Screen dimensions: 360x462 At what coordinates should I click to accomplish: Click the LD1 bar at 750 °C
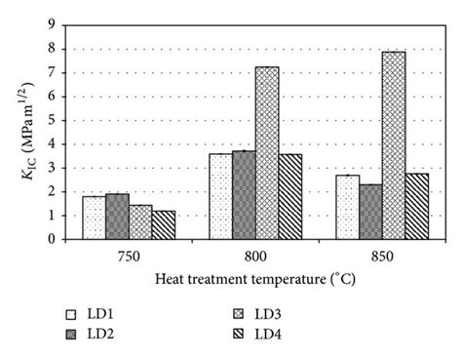(94, 218)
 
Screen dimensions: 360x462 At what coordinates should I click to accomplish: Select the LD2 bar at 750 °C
(117, 217)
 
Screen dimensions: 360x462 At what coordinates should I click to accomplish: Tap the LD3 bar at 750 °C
(140, 222)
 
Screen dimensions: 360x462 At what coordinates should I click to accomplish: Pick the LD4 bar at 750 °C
(164, 225)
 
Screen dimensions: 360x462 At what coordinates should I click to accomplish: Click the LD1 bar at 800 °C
(220, 196)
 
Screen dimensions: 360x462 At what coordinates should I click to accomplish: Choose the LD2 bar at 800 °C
(244, 195)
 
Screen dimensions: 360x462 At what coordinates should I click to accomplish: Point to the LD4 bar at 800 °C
(290, 196)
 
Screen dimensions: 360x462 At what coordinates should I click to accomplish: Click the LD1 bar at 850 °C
(347, 207)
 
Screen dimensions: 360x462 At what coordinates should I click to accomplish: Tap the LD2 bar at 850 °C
(370, 212)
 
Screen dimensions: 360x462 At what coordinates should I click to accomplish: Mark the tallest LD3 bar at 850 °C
(394, 145)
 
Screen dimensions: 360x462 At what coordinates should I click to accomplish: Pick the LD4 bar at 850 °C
(417, 206)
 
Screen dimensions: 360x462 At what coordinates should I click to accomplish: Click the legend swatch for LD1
(71, 315)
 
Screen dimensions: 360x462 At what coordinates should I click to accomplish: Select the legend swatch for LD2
(71, 335)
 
